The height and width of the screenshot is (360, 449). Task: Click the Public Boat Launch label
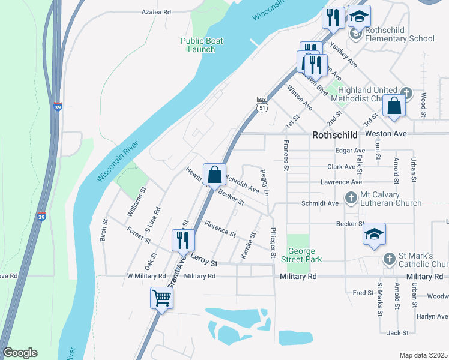202,45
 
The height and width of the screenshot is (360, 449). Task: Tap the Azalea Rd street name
156,11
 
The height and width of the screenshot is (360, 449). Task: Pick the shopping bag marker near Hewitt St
215,175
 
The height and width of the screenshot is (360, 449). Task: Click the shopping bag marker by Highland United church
394,106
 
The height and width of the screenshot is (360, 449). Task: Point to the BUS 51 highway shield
261,105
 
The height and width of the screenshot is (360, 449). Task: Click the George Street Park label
304,255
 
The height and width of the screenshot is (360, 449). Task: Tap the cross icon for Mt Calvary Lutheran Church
351,197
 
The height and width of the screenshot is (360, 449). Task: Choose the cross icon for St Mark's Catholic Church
389,259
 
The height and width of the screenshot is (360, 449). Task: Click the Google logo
20,353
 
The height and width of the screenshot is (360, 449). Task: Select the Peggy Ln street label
265,182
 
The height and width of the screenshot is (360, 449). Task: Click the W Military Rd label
146,276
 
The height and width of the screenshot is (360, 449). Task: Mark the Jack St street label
397,332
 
